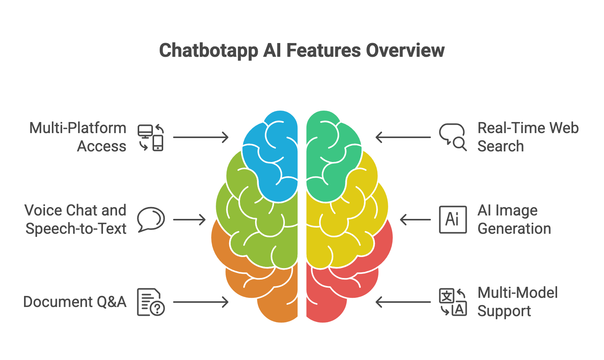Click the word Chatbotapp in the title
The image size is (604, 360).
tap(209, 51)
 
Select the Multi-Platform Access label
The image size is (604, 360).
tap(78, 137)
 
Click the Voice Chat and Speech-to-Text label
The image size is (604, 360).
tap(75, 219)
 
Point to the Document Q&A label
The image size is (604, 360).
tap(75, 302)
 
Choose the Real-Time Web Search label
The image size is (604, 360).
tap(528, 137)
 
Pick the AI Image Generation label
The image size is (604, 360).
tap(514, 219)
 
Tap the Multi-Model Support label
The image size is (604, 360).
tap(517, 302)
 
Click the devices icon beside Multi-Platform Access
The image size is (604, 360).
tap(151, 137)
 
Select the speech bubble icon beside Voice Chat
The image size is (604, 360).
tap(151, 219)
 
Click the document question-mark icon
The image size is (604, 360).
tap(151, 302)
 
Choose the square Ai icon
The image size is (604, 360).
tap(453, 219)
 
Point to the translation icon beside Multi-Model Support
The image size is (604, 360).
tap(453, 302)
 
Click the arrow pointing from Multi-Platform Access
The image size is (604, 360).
tap(201, 137)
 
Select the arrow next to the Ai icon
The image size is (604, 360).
tap(415, 220)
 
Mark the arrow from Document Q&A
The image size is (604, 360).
tap(201, 302)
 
